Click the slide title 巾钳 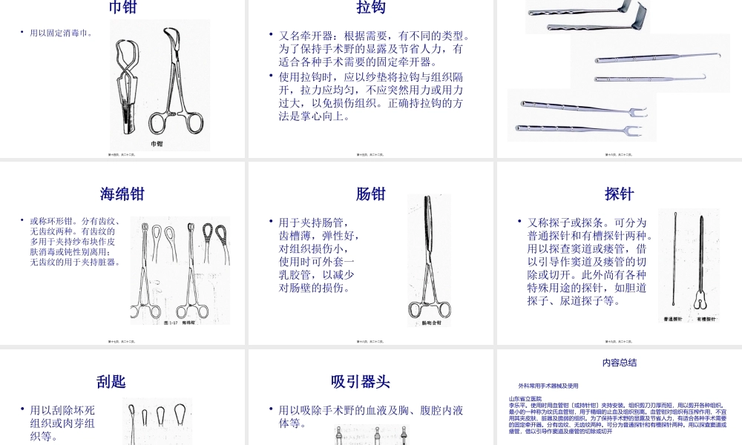(123, 7)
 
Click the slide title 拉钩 (371, 7)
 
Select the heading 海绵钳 (123, 194)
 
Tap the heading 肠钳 (371, 194)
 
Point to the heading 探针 (619, 194)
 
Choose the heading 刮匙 (111, 382)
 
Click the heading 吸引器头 (361, 382)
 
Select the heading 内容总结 (619, 363)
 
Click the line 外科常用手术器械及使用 (548, 386)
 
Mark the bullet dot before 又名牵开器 (271, 35)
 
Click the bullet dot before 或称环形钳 (22, 220)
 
